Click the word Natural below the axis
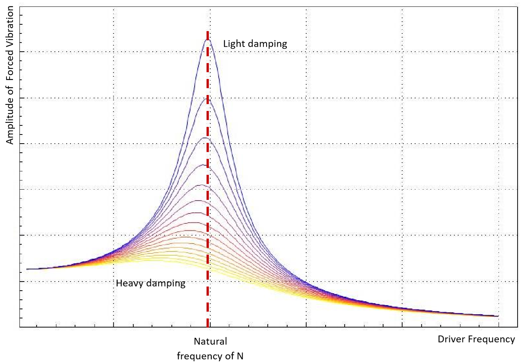(210, 341)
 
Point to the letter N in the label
(240, 356)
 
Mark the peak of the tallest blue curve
(208, 40)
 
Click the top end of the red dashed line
(208, 32)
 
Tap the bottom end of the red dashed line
(208, 326)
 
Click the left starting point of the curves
(27, 269)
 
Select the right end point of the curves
(498, 316)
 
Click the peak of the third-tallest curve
(205, 138)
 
